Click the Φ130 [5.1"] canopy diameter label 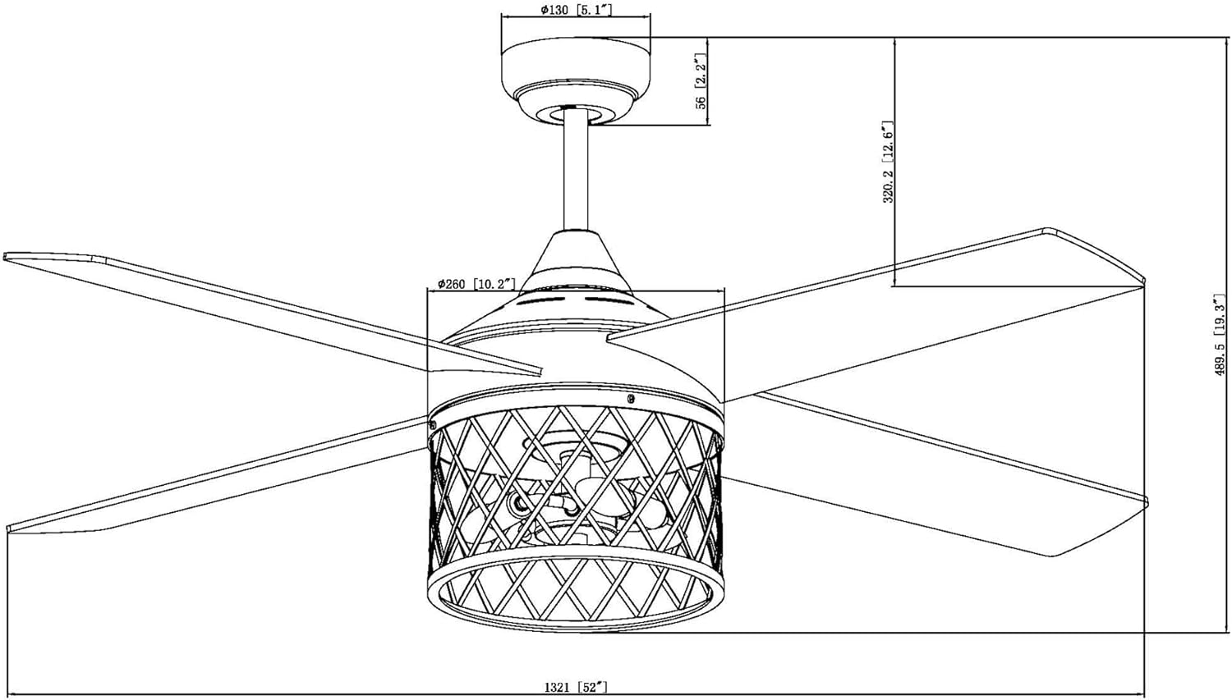coord(576,10)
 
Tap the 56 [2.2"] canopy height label coord(700,81)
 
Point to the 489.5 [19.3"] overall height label coord(1220,335)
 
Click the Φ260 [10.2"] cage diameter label coord(476,284)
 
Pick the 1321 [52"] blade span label coord(576,687)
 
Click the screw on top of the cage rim coord(631,398)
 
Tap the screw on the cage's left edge coord(432,425)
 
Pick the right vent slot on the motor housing coord(608,300)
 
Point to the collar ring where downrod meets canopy coord(576,115)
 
